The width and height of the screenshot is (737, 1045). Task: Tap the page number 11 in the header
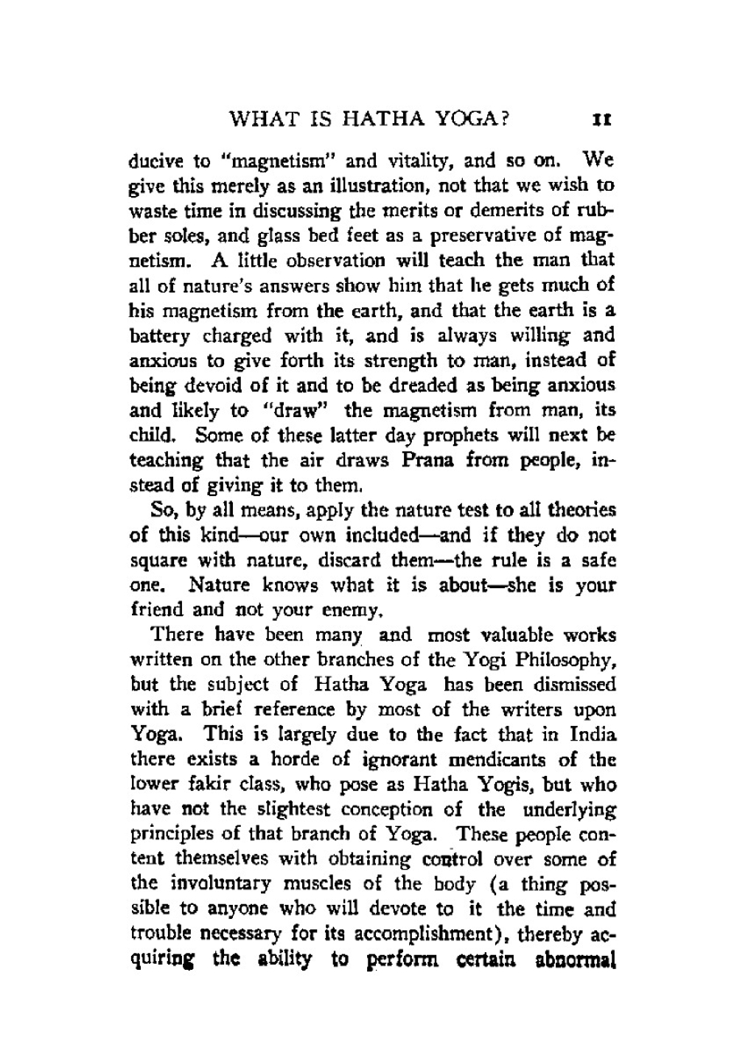coord(607,119)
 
